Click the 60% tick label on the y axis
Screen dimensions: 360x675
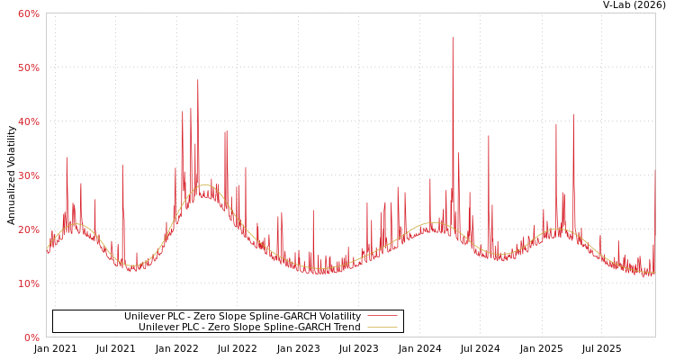(x=28, y=13)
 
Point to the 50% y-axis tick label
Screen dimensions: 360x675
(x=28, y=67)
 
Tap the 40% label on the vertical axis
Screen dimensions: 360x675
(x=28, y=121)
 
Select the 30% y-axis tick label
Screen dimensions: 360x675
(x=28, y=175)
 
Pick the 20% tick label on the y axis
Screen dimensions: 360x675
(x=28, y=229)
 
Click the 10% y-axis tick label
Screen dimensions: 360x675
(x=28, y=283)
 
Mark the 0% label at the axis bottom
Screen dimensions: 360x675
(x=31, y=337)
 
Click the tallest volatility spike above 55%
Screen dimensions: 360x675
(x=453, y=38)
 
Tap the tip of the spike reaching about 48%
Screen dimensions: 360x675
(x=198, y=80)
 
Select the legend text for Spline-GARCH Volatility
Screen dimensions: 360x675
(x=242, y=317)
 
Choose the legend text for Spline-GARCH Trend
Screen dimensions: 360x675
(x=249, y=328)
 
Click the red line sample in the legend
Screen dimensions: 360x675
(x=382, y=317)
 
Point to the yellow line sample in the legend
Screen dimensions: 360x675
(x=382, y=328)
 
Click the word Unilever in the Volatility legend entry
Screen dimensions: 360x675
(x=145, y=317)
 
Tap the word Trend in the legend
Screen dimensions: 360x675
(x=346, y=328)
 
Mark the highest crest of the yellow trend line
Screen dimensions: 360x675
(x=205, y=184)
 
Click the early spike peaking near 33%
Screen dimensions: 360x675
(x=66, y=157)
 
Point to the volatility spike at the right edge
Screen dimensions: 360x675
(x=654, y=171)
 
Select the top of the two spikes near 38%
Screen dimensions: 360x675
(x=226, y=131)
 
